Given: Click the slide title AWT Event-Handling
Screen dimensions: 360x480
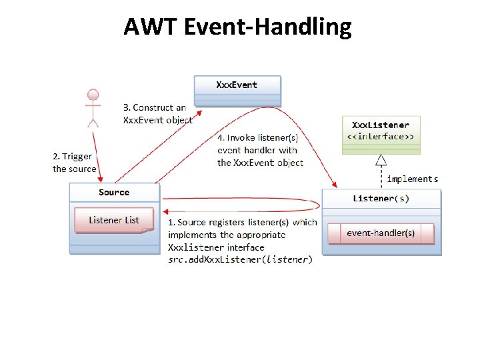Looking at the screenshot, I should click(x=237, y=27).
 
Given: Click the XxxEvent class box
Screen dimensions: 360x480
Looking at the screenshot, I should click(x=237, y=89).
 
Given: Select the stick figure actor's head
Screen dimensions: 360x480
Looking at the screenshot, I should click(x=93, y=94).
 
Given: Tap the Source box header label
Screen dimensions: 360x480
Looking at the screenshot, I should click(x=114, y=193).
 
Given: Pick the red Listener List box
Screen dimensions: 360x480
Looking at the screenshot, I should click(x=114, y=220).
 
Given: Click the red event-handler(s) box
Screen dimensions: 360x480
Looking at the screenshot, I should click(x=381, y=233).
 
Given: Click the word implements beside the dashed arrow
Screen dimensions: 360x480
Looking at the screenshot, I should click(x=413, y=179).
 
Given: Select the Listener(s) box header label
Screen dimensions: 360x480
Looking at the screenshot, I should click(x=381, y=199).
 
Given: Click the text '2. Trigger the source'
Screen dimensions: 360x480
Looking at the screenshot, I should click(x=75, y=163).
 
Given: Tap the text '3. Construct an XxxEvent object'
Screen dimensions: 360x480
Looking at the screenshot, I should click(x=158, y=114).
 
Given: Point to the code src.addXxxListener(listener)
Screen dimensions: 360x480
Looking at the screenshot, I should click(x=240, y=259).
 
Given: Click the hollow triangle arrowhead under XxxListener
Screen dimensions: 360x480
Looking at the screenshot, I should click(x=381, y=160).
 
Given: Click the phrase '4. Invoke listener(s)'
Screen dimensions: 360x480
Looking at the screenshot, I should click(x=258, y=138).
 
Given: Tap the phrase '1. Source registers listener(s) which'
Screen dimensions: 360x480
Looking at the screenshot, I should click(x=243, y=223).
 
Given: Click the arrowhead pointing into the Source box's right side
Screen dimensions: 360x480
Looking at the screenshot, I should click(x=165, y=198).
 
